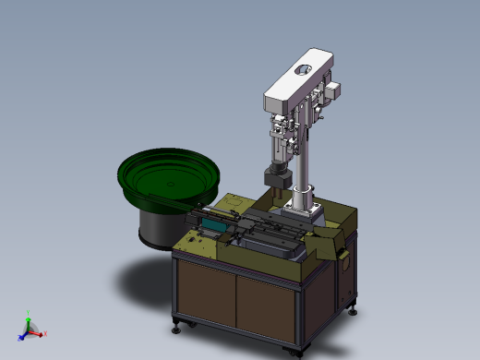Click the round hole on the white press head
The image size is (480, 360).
pos(302,70)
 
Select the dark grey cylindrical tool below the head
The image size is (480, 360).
pos(275,176)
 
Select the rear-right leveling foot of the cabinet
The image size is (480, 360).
pos(353,306)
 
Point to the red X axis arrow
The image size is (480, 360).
pos(42,332)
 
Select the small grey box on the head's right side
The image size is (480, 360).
pos(334,90)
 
